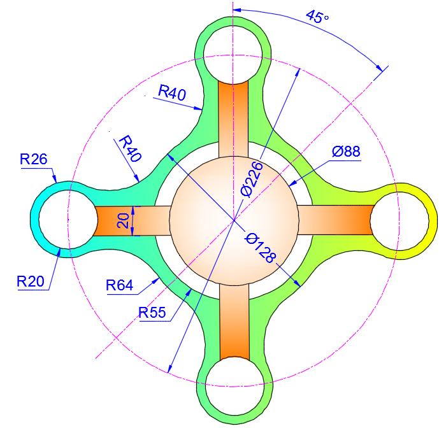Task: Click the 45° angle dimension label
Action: (317, 16)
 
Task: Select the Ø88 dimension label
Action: (346, 152)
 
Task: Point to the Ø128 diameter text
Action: (261, 248)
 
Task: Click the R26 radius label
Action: (34, 159)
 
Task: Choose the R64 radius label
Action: (120, 286)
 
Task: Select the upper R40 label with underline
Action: (172, 93)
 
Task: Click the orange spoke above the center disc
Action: (234, 118)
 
